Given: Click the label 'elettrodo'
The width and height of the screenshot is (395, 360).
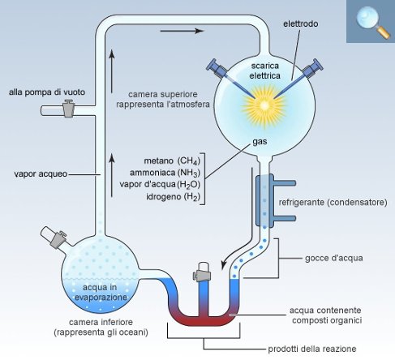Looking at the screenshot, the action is click(x=300, y=24).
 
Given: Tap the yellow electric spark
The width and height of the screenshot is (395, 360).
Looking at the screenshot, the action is click(x=264, y=105).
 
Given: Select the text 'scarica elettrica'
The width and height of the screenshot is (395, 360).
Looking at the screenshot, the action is click(x=264, y=71).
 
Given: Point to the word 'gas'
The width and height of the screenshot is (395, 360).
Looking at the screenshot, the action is click(x=260, y=142).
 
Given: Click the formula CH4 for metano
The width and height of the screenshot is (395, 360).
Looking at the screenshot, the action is click(x=189, y=161).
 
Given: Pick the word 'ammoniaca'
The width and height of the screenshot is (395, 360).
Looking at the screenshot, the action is click(x=152, y=173).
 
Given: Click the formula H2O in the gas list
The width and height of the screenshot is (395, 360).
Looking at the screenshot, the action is click(x=189, y=185).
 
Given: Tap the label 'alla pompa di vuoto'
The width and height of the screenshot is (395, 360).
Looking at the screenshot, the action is click(x=47, y=92).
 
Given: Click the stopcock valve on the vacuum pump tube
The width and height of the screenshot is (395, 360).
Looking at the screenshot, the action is click(x=68, y=108).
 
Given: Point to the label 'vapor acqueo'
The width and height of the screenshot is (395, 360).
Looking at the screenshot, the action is click(x=41, y=174).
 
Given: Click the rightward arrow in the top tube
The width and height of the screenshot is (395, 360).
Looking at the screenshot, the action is click(x=182, y=31).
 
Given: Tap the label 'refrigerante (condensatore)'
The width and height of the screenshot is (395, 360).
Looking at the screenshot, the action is click(x=333, y=202).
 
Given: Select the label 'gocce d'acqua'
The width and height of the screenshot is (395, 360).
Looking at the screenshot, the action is click(x=334, y=258).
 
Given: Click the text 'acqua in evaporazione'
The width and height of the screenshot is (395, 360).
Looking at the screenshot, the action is click(x=101, y=292).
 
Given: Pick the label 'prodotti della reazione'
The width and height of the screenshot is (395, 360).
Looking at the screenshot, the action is click(x=312, y=349).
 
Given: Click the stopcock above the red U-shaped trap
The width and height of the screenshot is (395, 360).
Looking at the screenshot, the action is click(x=203, y=272).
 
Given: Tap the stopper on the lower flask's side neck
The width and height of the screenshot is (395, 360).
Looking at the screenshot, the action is click(x=54, y=237).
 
